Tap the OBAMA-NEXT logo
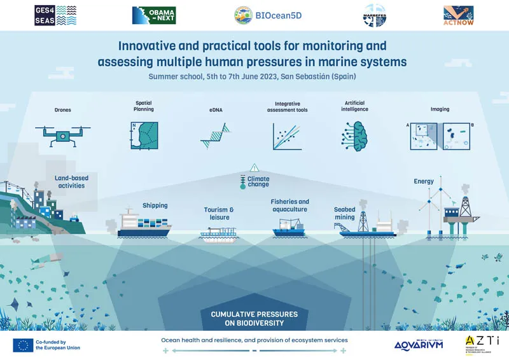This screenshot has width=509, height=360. click(153, 15)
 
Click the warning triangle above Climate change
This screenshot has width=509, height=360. click(254, 168)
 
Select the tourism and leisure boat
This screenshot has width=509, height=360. click(218, 236)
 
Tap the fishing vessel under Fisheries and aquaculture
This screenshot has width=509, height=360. click(289, 228)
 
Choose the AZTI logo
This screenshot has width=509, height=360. click(481, 344)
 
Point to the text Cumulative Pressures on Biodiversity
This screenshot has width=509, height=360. click(254, 318)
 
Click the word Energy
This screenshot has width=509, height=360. click(424, 181)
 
